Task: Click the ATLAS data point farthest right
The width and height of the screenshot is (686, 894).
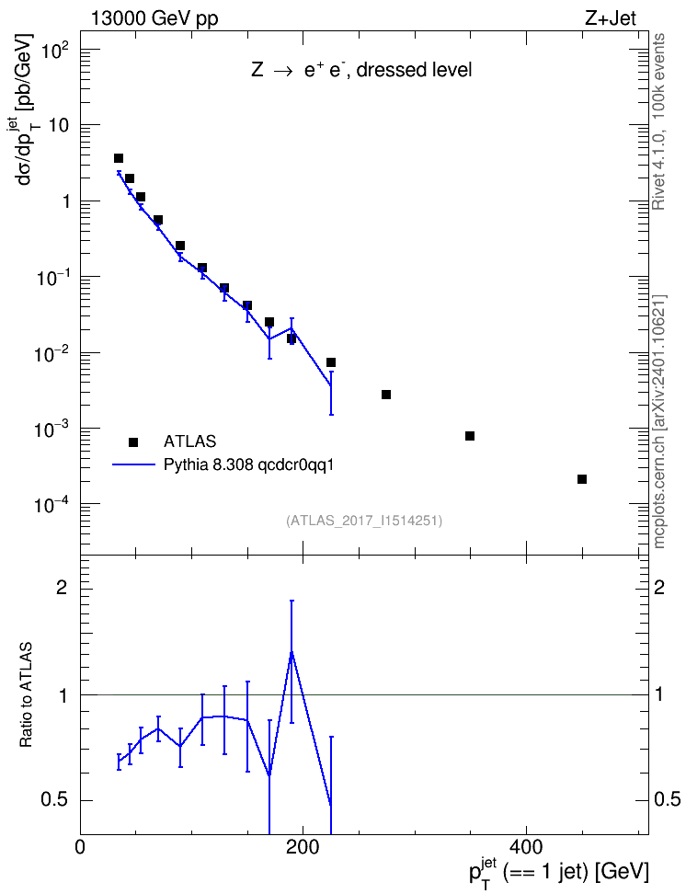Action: point(582,479)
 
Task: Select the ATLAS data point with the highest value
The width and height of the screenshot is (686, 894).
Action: point(119,158)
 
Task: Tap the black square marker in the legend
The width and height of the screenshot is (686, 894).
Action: point(133,441)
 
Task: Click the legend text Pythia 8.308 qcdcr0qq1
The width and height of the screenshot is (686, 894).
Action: point(248,464)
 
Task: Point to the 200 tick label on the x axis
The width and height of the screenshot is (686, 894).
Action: point(303,846)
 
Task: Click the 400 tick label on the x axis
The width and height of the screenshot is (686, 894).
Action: point(525,846)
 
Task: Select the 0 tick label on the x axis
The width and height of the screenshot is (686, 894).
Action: point(80,846)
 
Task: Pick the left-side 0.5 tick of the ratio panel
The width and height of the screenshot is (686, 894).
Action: point(53,800)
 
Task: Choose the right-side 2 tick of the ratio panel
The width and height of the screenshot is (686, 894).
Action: point(659,587)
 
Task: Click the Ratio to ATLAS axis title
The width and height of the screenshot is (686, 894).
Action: point(27,695)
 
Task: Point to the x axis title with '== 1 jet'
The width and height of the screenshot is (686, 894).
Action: point(559,872)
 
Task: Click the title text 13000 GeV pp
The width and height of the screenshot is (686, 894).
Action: point(154,19)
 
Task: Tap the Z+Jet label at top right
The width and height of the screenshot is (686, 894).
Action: point(611,18)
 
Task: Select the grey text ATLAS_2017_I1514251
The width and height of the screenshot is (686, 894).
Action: point(364,520)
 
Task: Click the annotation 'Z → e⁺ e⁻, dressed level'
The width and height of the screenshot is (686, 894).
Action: point(361,70)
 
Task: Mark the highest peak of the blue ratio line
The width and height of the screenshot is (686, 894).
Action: point(292,652)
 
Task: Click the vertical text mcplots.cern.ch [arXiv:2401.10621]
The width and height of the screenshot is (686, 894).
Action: point(659,421)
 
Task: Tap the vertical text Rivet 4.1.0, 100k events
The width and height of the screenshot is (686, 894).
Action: point(658,121)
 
